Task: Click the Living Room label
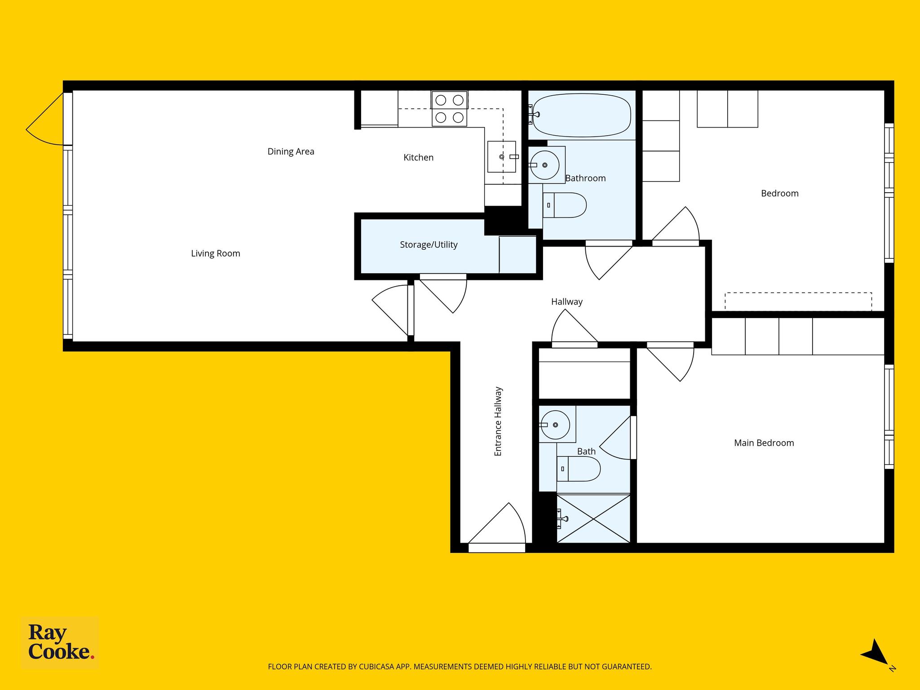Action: pos(216,253)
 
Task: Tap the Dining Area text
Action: pos(291,151)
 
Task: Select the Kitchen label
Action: pos(418,157)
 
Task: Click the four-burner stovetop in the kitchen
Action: pos(449,109)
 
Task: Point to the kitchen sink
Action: pos(502,156)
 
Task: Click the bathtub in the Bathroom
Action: pos(582,115)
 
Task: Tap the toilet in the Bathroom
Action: pos(564,205)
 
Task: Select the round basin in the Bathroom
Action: pos(544,165)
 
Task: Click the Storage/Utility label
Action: pos(429,245)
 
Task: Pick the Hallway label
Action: pos(567,301)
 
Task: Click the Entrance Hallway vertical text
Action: pos(498,421)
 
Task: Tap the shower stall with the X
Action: pos(593,518)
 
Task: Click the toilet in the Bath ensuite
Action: pos(579,469)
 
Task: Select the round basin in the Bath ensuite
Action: pos(555,425)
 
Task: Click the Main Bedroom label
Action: pos(764,443)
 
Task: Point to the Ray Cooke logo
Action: pos(60,643)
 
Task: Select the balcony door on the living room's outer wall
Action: pos(45,119)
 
